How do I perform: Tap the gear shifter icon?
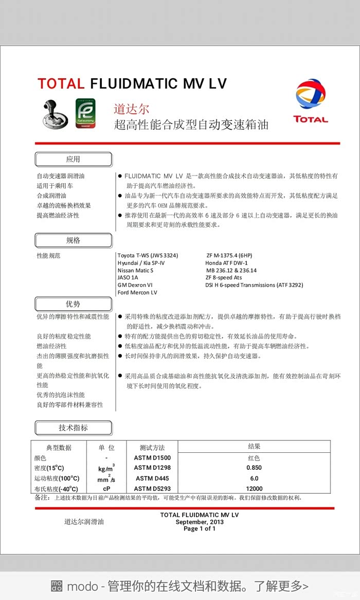click(54, 114)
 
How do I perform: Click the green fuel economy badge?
click(85, 113)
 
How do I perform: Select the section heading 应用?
click(73, 160)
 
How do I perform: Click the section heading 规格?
click(73, 240)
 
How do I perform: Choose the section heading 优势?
click(73, 304)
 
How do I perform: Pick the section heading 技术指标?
click(73, 428)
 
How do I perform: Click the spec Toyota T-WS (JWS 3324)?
click(148, 255)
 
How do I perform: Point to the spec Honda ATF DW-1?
click(226, 263)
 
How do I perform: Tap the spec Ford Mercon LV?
click(137, 292)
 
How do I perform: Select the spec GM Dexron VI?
click(135, 285)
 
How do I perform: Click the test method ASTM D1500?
click(152, 457)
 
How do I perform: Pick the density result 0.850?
click(254, 468)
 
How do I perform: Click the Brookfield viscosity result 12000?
click(254, 488)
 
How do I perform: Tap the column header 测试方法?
click(152, 448)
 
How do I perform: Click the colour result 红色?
click(254, 457)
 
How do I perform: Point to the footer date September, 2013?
click(200, 522)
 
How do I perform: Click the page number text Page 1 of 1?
click(200, 528)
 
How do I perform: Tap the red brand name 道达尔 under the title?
click(131, 109)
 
